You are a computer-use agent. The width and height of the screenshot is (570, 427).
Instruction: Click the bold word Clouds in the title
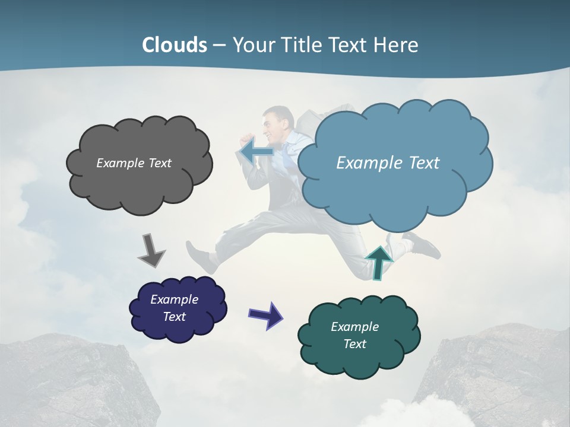click(x=175, y=45)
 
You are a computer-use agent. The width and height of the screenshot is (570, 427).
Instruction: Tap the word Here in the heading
click(x=398, y=45)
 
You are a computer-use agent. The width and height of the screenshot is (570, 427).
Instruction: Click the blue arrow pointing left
click(x=256, y=152)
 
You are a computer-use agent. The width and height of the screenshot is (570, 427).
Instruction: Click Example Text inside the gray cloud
click(x=134, y=163)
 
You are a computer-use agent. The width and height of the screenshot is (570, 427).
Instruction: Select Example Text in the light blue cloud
click(x=388, y=163)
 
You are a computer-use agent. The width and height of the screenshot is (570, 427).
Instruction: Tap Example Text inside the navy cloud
click(x=175, y=308)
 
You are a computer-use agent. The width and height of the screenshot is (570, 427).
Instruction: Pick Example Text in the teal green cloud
click(x=354, y=335)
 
